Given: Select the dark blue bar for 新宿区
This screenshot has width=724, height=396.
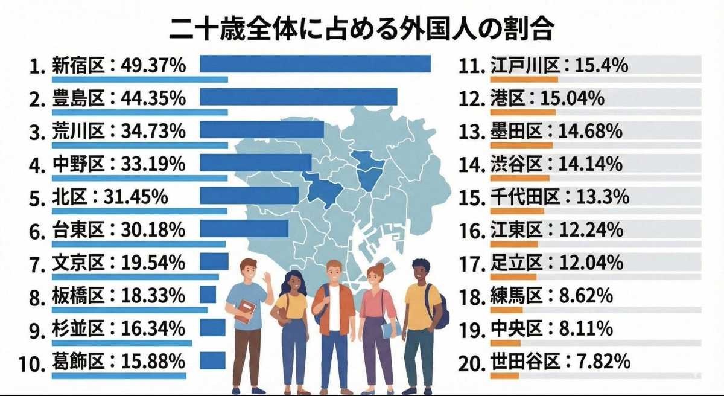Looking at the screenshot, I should coord(315,63).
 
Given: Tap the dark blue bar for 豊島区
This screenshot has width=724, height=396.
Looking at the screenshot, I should coord(298,97).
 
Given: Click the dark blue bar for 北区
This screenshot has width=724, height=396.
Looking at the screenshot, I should coord(249,195).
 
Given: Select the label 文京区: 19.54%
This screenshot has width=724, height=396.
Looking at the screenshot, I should coord(119,263).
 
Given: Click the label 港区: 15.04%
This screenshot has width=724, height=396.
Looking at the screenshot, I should coord(547,98).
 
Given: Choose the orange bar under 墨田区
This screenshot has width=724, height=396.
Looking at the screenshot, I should coord(521,145).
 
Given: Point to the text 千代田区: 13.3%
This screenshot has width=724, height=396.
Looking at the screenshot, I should coord(559,197).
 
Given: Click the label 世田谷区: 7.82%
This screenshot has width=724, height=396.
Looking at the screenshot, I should coord(560,361).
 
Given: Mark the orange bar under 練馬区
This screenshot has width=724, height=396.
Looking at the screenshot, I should coord(506,310).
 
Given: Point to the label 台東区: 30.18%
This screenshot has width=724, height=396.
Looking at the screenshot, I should coord(119,229).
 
